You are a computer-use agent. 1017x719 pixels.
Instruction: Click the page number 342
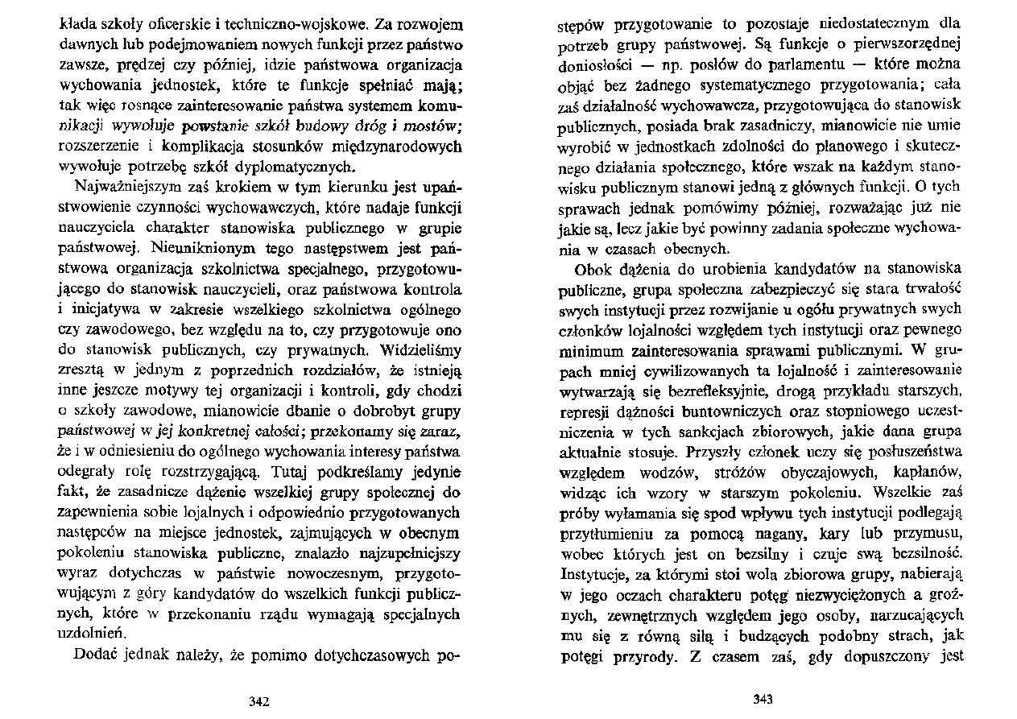pos(259,701)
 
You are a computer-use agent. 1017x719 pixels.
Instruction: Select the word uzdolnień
pos(95,633)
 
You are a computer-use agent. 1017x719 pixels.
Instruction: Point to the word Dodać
pos(99,655)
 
